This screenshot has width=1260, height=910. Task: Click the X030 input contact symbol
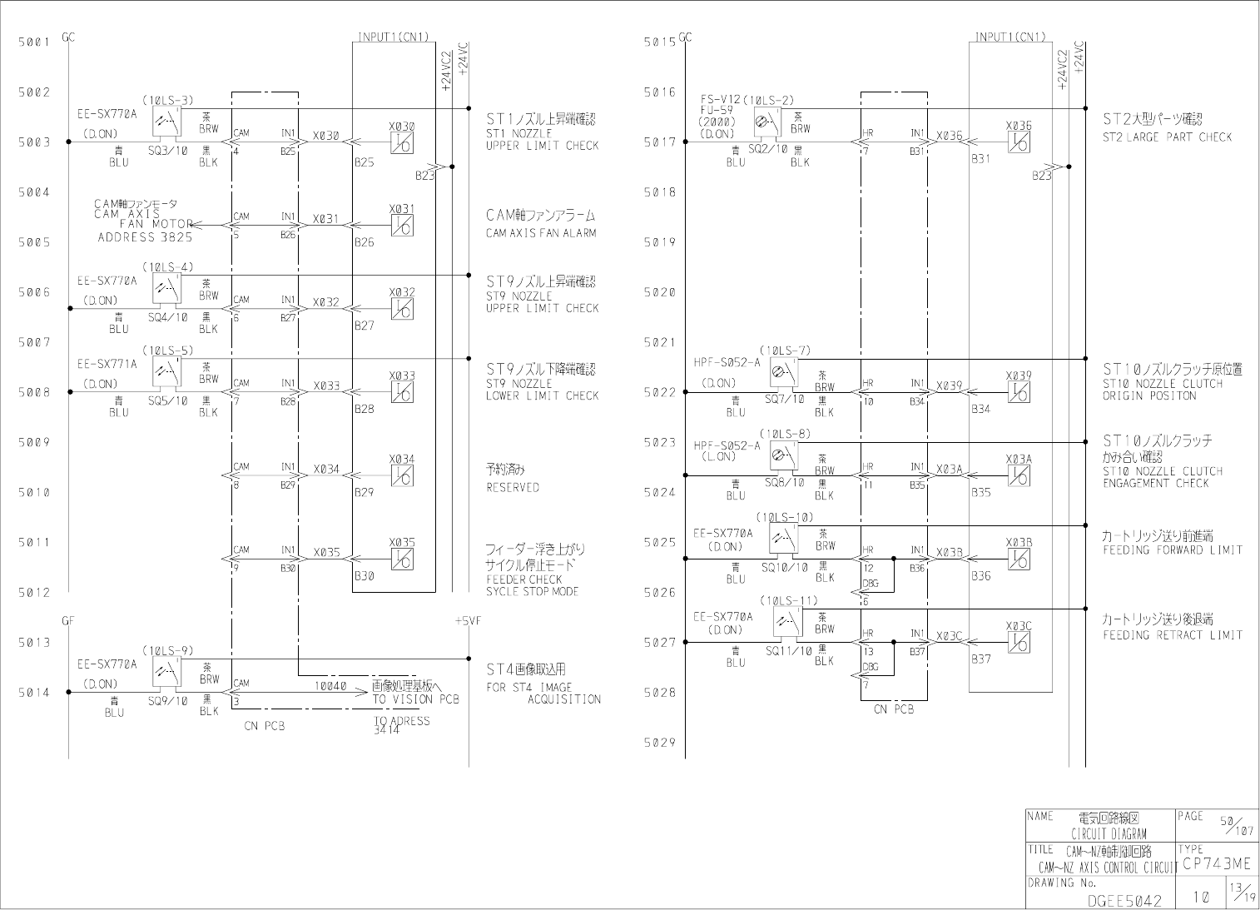tap(403, 142)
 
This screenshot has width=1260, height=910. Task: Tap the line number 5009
tap(34, 442)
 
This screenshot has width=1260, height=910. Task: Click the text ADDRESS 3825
tap(145, 237)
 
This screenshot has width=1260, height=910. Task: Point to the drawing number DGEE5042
tap(1124, 900)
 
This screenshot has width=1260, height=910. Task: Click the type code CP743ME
tap(1216, 864)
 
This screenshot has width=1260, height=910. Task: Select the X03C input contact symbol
tap(1019, 642)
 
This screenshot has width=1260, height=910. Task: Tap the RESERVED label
tap(513, 488)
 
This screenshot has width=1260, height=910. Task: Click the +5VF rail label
tap(469, 621)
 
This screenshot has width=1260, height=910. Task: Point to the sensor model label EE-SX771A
tap(107, 364)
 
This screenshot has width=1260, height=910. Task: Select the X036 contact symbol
tap(1019, 142)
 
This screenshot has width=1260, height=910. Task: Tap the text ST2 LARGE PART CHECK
tap(1167, 137)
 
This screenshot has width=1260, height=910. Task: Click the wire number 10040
tap(330, 686)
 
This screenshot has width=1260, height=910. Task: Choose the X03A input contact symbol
tap(1019, 475)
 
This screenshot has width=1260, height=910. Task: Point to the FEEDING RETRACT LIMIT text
tap(1172, 635)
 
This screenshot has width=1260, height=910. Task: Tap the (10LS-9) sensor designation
tap(167, 649)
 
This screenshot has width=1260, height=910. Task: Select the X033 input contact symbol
tap(403, 392)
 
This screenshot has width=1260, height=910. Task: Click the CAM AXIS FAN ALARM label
tap(541, 233)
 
